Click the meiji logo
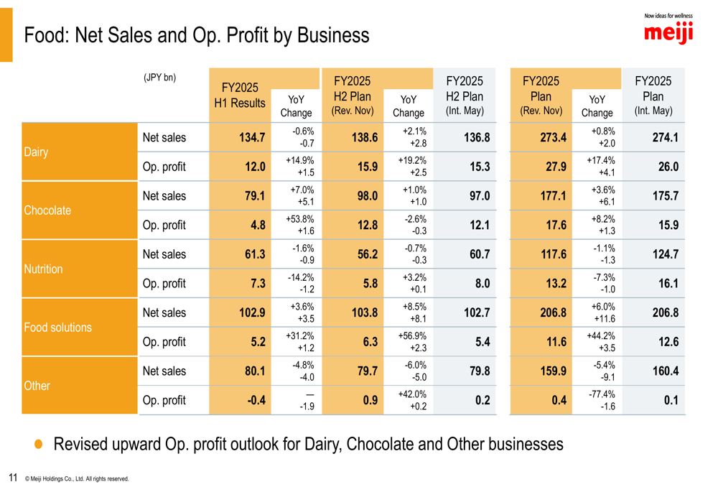click(x=668, y=32)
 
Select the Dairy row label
click(x=35, y=152)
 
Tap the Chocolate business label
click(x=47, y=210)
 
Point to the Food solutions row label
click(x=57, y=328)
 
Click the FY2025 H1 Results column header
click(x=240, y=96)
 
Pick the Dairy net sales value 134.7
click(x=252, y=137)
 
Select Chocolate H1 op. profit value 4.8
click(x=258, y=225)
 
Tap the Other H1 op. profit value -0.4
click(x=256, y=400)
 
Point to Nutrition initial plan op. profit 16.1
click(x=668, y=283)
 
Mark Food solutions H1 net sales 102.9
click(x=252, y=312)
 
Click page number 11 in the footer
click(x=13, y=477)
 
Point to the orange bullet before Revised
click(x=39, y=445)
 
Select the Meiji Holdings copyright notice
click(x=77, y=478)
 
